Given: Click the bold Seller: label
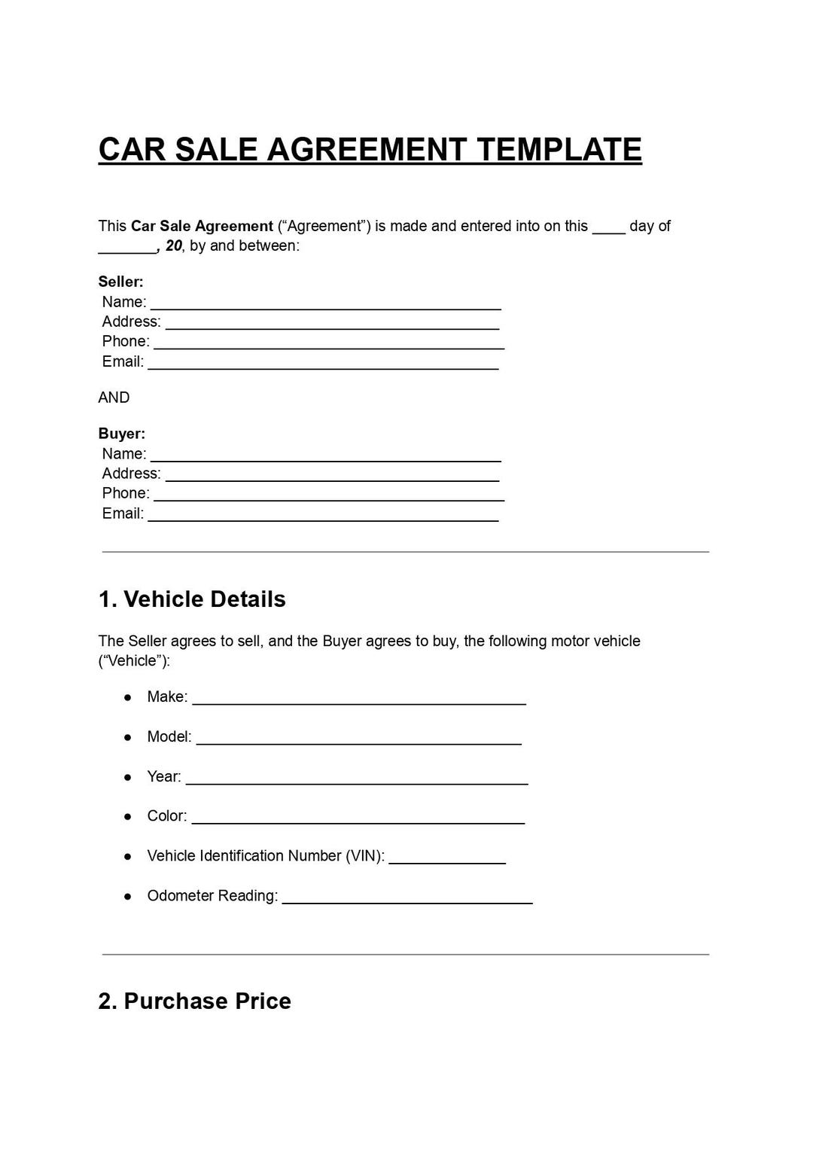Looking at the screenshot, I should [x=120, y=282].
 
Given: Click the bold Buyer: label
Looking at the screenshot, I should [x=121, y=434].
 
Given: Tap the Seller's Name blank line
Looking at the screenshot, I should [x=325, y=308].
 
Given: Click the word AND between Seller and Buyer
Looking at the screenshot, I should [x=114, y=398].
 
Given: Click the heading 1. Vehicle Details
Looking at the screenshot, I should [x=192, y=599].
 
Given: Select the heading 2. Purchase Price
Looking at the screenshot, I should [x=194, y=1001].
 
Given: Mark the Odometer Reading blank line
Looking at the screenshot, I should [x=407, y=902].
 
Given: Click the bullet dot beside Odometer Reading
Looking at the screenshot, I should [x=128, y=896].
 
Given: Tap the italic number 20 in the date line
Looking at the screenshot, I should [x=174, y=245].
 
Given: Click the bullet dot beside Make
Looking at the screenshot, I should [x=128, y=697].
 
